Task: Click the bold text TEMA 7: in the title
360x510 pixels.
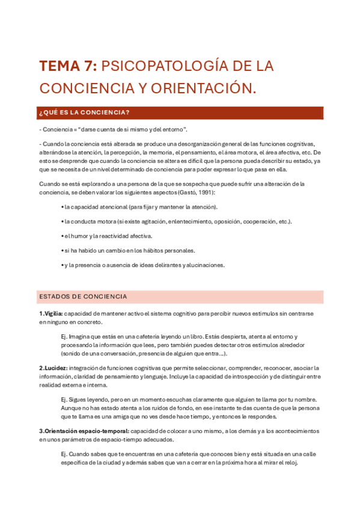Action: pyautogui.click(x=67, y=66)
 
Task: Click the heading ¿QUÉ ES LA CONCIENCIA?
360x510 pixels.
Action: pyautogui.click(x=84, y=112)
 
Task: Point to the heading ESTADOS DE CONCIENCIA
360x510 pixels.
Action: pyautogui.click(x=83, y=296)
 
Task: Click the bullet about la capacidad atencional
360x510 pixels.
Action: pyautogui.click(x=139, y=207)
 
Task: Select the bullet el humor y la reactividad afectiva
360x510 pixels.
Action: pyautogui.click(x=106, y=236)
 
